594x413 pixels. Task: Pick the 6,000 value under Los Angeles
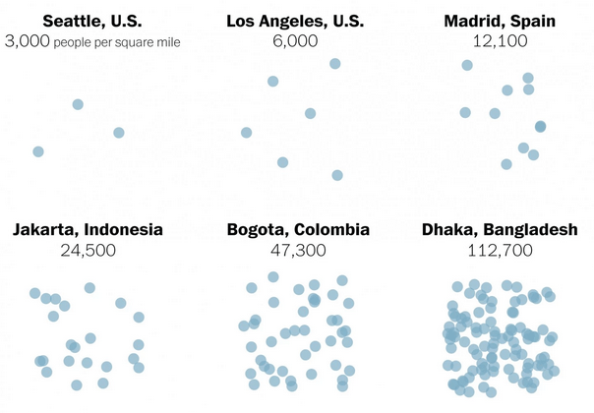click(x=296, y=41)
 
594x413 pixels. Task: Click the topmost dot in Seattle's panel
click(x=78, y=104)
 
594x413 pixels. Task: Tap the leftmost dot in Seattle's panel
click(x=38, y=151)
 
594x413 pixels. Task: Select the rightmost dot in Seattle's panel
click(x=119, y=133)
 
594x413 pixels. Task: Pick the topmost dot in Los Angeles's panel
click(x=335, y=63)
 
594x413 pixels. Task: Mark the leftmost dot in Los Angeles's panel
click(x=247, y=133)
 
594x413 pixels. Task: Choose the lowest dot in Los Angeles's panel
click(x=337, y=175)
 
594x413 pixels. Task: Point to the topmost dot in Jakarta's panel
click(x=89, y=288)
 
